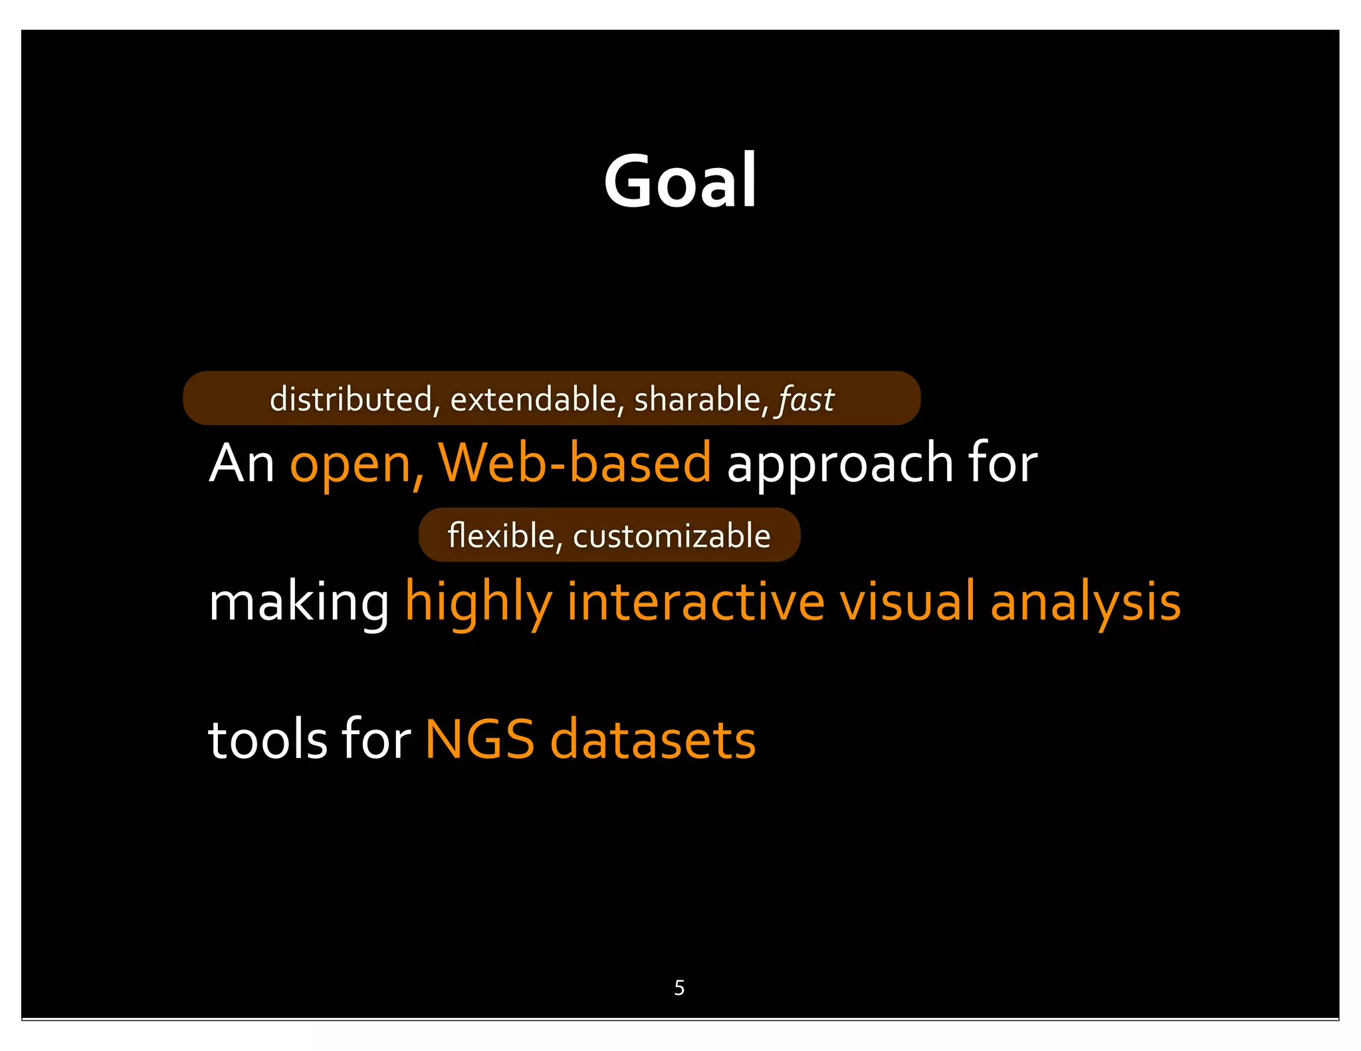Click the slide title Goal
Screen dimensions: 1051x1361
[x=680, y=181]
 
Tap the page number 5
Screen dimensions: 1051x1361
[x=679, y=988]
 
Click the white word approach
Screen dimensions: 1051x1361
[x=839, y=465]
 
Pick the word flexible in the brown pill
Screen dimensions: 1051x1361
[x=501, y=535]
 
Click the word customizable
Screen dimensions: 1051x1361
[x=671, y=535]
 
